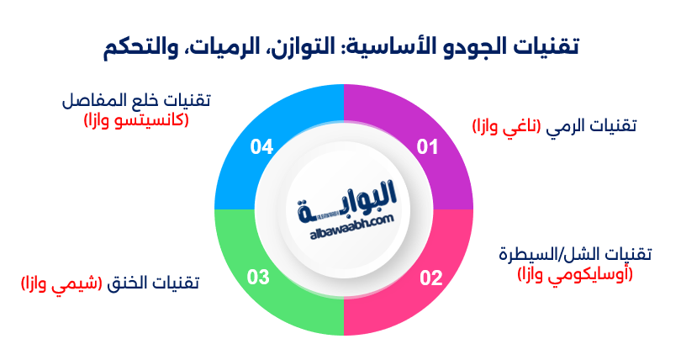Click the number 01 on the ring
click(x=428, y=148)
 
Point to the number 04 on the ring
click(x=261, y=148)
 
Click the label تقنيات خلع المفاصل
click(x=136, y=100)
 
